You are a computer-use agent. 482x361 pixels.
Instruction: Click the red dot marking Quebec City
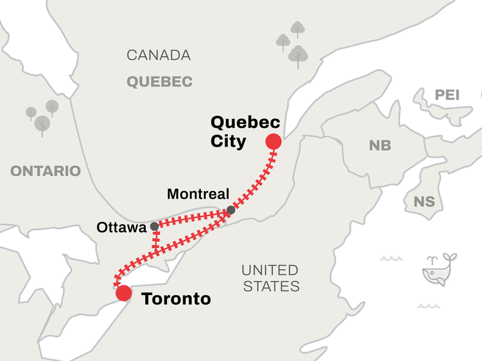(273, 142)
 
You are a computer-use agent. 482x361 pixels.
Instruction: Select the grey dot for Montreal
(230, 210)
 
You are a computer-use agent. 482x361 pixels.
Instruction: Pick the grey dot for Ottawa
(154, 226)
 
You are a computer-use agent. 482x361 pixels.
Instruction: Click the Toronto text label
(176, 299)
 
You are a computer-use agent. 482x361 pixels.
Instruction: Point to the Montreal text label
(198, 194)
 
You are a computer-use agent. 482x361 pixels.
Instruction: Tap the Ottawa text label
(121, 228)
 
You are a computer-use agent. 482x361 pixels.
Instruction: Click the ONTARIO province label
(45, 170)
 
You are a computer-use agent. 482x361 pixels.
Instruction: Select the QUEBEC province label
(159, 81)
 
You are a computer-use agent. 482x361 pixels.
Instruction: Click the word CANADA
(159, 55)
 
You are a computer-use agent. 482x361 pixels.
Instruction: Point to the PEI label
(447, 95)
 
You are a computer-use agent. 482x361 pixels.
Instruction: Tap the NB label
(380, 145)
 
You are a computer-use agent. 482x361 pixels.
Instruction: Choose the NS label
(424, 202)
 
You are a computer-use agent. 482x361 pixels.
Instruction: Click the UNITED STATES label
(270, 278)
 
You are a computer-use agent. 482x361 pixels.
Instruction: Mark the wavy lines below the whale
(427, 306)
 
